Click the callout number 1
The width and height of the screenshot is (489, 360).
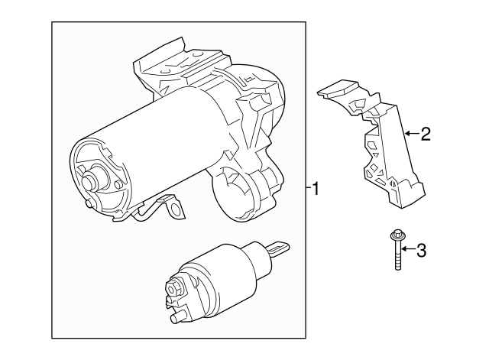click(316, 187)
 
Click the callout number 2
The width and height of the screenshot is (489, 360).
click(426, 135)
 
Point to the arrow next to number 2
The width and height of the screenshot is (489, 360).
click(410, 134)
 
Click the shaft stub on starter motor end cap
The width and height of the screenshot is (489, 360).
click(89, 182)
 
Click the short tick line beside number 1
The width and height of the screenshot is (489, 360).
click(307, 186)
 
